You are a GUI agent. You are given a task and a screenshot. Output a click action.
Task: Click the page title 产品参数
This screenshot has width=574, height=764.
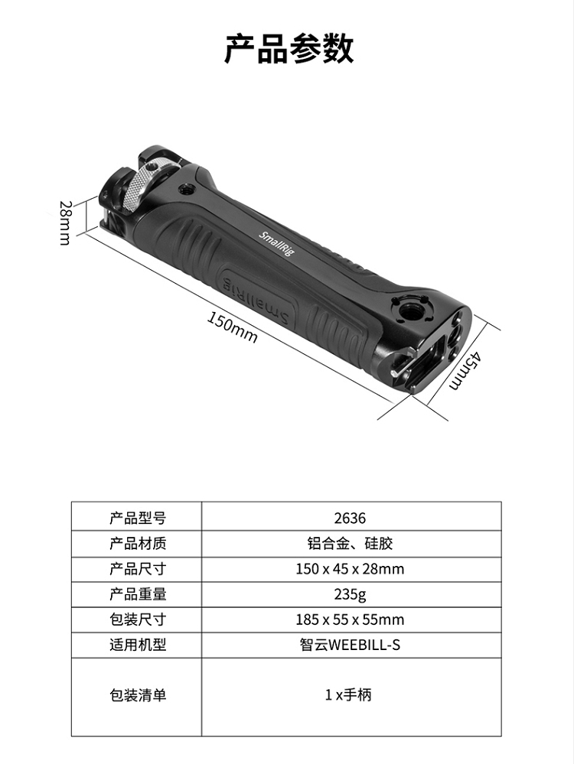[289, 48]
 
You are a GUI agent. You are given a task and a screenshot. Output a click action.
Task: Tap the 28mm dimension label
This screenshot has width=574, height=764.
[65, 223]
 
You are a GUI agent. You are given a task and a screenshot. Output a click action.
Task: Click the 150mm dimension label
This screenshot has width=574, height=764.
[233, 327]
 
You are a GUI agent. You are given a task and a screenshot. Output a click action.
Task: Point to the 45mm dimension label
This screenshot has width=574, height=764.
[465, 370]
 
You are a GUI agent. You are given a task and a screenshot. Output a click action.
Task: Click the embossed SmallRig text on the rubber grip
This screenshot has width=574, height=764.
[256, 300]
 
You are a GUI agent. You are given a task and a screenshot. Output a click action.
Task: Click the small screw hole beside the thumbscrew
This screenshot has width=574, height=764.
[185, 189]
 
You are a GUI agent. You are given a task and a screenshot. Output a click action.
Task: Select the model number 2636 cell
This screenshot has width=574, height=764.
[351, 518]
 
